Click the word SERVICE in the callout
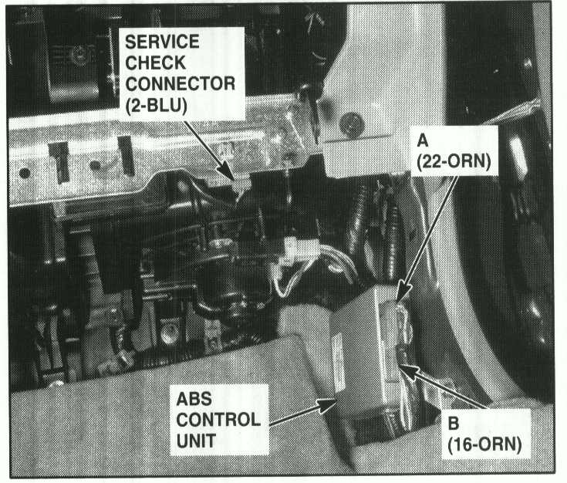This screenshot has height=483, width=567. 162,42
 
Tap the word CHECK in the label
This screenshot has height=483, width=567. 155,63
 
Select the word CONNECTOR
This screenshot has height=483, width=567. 180,84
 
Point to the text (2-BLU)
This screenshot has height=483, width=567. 156,106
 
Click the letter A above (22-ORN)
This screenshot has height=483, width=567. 423,140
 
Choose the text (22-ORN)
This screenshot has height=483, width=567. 454,161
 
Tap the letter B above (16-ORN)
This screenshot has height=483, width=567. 453,424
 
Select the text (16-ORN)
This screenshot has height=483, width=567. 484,444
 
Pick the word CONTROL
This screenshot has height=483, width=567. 218,420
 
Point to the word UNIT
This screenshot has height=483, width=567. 196,441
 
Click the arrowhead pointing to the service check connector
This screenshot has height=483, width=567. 227,170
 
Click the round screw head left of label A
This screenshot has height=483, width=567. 351,125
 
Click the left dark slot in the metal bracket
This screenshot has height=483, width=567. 59,162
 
